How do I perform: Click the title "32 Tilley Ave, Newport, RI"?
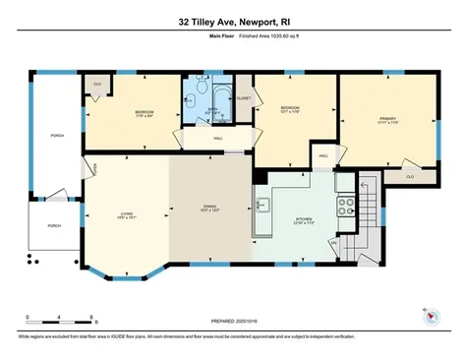pyautogui.click(x=234, y=21)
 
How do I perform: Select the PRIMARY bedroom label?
pyautogui.click(x=386, y=121)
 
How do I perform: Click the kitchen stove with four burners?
pyautogui.click(x=346, y=207)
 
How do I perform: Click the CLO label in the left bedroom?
pyautogui.click(x=97, y=86)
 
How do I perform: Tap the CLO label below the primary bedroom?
pyautogui.click(x=409, y=176)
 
